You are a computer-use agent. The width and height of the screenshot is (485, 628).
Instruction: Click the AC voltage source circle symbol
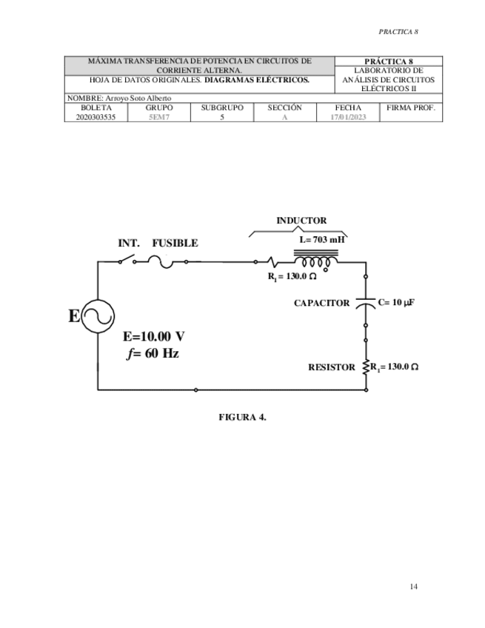(98, 316)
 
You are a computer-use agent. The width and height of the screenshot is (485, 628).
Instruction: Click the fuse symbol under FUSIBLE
(161, 261)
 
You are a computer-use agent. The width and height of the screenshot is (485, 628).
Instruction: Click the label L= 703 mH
(321, 240)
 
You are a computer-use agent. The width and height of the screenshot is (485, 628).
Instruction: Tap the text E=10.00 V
(154, 335)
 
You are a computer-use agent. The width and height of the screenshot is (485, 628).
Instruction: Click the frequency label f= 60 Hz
(153, 353)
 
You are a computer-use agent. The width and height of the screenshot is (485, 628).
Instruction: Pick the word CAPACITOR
(321, 303)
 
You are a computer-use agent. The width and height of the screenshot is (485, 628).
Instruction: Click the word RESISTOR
(332, 367)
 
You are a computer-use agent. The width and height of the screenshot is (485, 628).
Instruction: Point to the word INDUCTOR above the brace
(301, 221)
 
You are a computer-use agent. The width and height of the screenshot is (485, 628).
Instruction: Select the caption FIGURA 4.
(242, 416)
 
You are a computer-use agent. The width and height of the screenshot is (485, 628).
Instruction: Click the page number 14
(413, 587)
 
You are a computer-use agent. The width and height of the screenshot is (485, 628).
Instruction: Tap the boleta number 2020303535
(96, 117)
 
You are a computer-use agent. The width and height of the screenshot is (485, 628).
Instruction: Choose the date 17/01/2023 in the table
(348, 117)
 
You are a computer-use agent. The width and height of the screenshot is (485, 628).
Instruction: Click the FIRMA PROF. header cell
(411, 108)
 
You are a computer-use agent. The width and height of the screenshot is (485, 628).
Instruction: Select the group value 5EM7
(159, 117)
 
